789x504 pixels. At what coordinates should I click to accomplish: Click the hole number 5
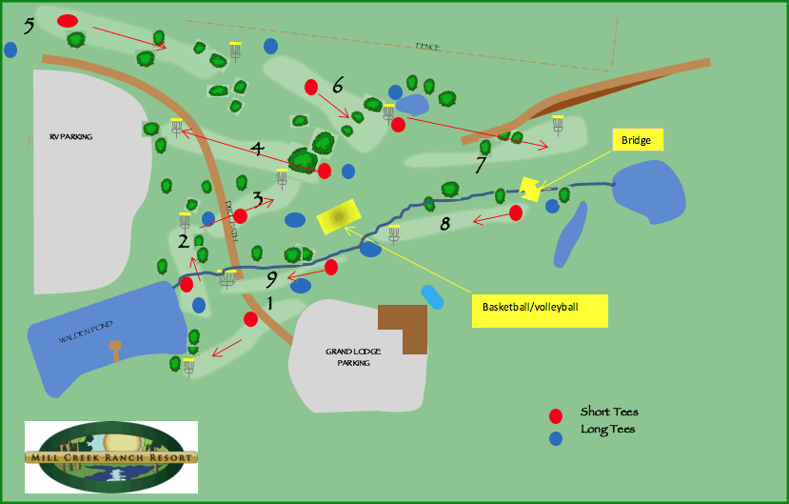(x=29, y=25)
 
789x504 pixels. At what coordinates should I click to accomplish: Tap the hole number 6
(x=337, y=85)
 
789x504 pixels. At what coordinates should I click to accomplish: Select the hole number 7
(x=482, y=165)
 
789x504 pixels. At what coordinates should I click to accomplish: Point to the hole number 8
(x=444, y=225)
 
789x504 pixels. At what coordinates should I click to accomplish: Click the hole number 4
(x=256, y=148)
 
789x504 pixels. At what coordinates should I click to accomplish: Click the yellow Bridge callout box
(x=636, y=141)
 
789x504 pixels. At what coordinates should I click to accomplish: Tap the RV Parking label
(x=71, y=137)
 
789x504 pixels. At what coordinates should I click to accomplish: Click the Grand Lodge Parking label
(x=353, y=357)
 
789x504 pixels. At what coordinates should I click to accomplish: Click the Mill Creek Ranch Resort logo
(x=111, y=456)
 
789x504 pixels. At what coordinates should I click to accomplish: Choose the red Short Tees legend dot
(x=556, y=415)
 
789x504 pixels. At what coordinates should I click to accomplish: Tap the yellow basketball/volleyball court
(x=338, y=216)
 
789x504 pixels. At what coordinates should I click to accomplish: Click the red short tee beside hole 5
(x=67, y=20)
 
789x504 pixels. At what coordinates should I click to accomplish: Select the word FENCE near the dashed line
(x=427, y=47)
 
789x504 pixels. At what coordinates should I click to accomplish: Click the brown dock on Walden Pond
(x=116, y=349)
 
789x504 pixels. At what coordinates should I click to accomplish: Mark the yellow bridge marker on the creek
(x=530, y=189)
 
